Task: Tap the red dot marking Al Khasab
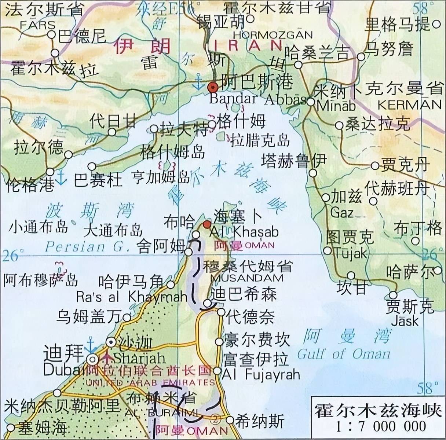pyautogui.click(x=207, y=224)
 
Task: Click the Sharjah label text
pyautogui.click(x=135, y=357)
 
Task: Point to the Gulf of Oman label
pyautogui.click(x=344, y=354)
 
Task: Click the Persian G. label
pyautogui.click(x=87, y=246)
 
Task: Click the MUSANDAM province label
pyautogui.click(x=247, y=278)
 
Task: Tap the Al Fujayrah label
pyautogui.click(x=261, y=374)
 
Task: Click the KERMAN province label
pyautogui.click(x=409, y=104)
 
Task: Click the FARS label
pyautogui.click(x=37, y=25)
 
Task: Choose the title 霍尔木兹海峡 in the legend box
pyautogui.click(x=378, y=411)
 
